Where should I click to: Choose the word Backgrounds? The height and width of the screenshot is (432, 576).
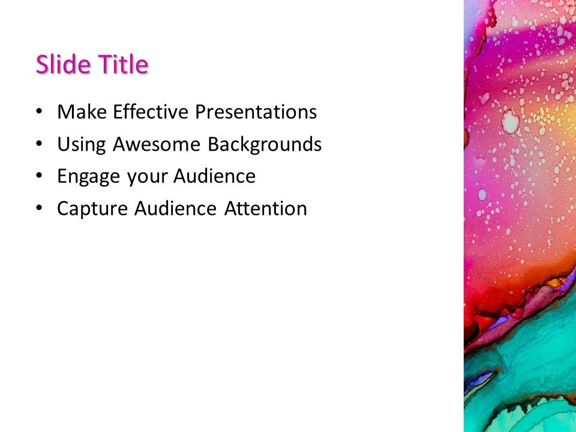265,145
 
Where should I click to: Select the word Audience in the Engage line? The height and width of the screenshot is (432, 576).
214,177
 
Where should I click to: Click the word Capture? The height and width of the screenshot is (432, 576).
92,209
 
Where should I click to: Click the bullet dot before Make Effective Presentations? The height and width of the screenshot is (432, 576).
39,112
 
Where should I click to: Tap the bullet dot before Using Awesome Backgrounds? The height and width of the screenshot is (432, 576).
39,145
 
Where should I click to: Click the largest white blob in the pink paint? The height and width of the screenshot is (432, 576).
511,123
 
